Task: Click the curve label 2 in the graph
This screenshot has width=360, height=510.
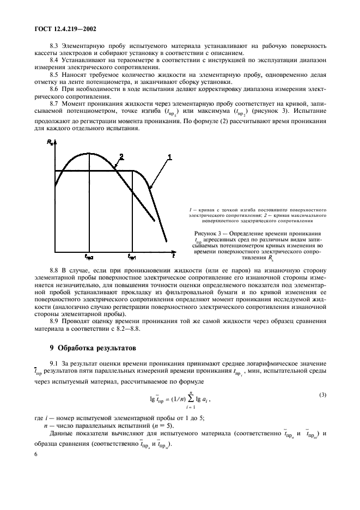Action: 121,156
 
